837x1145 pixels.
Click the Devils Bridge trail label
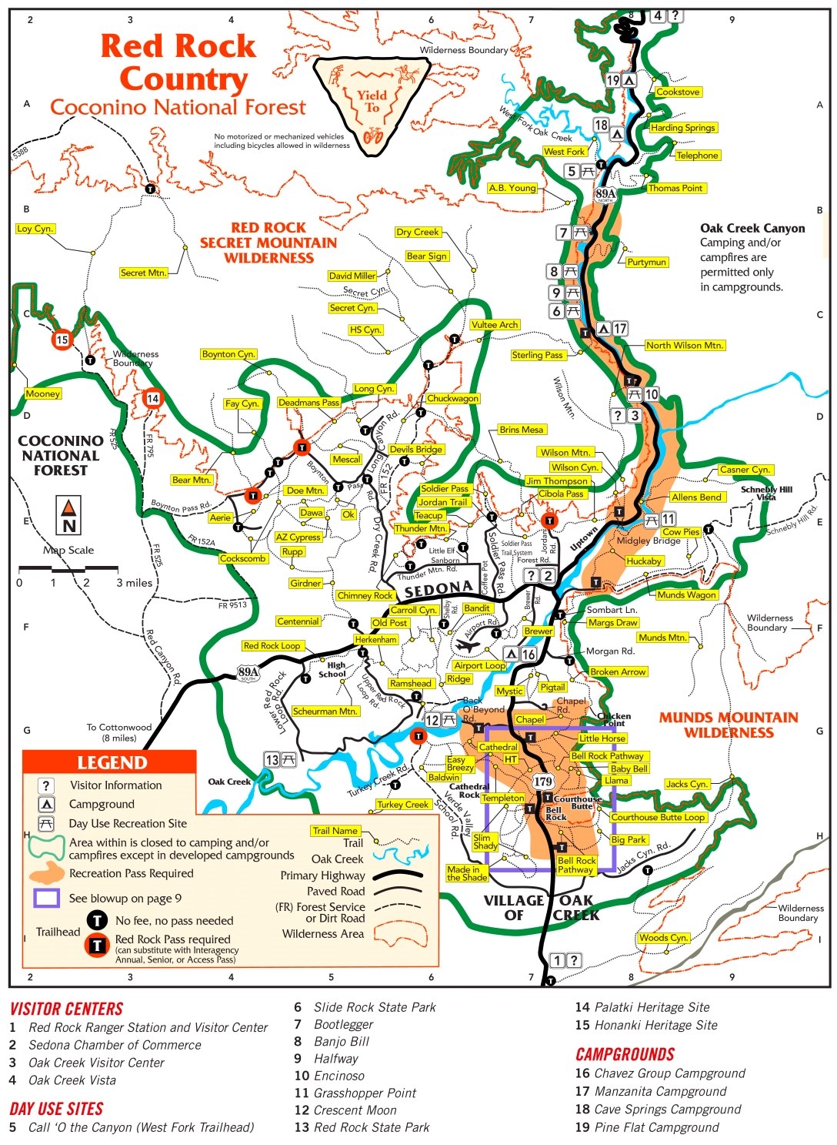[x=416, y=449]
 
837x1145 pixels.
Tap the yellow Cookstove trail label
[x=678, y=92]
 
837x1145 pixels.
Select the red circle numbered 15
[x=62, y=339]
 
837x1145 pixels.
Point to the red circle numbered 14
[x=152, y=398]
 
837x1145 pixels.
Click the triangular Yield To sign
[x=373, y=100]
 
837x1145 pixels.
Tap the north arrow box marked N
[x=69, y=517]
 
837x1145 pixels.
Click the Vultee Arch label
[x=495, y=325]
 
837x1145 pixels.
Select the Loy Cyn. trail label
[x=35, y=229]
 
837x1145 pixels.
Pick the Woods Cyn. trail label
[x=663, y=937]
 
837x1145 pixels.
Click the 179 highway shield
[x=543, y=782]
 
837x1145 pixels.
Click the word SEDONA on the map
[x=438, y=589]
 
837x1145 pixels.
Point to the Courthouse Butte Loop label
[x=658, y=817]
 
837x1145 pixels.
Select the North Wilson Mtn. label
[x=685, y=345]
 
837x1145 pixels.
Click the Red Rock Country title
[x=178, y=62]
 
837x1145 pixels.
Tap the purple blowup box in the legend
[x=46, y=898]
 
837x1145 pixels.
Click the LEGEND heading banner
[x=111, y=762]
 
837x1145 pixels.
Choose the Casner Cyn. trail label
[x=745, y=469]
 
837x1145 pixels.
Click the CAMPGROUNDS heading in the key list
[x=625, y=1054]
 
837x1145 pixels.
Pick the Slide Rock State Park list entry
[x=374, y=1007]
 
